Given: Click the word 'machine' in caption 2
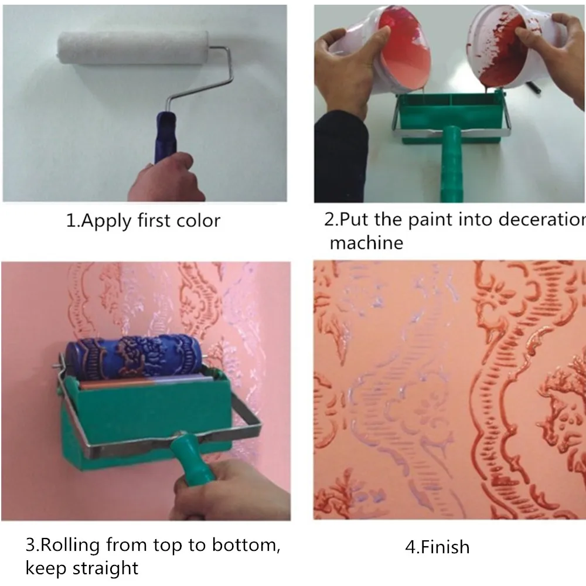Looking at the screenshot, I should (366, 242).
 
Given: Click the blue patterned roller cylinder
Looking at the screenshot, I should (135, 354).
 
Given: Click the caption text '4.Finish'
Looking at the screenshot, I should (437, 548).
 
